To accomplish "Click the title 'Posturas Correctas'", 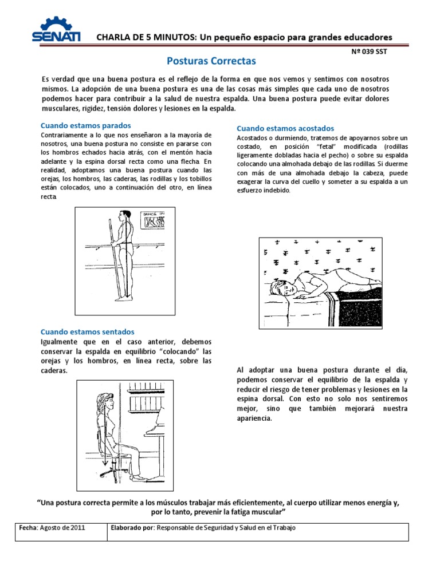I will pyautogui.click(x=211, y=60).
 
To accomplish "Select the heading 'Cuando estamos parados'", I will pyautogui.click(x=85, y=125).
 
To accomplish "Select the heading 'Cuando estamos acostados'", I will pyautogui.click(x=285, y=128).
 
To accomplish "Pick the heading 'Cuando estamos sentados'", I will pyautogui.click(x=87, y=331).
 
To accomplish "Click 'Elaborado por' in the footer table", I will pyautogui.click(x=133, y=528).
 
